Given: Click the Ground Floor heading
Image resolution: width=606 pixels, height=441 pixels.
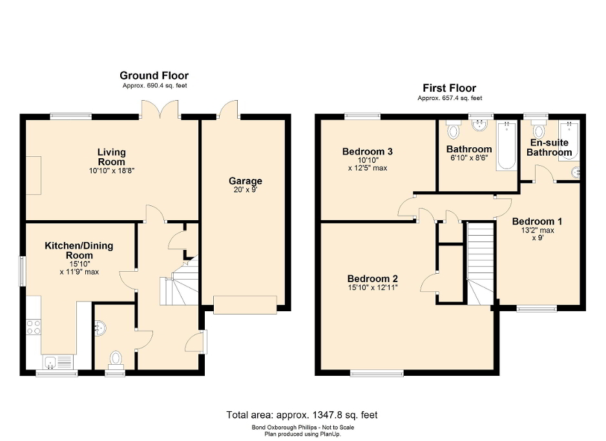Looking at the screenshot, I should click(154, 76).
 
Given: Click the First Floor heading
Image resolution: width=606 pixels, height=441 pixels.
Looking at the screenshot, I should click(449, 88).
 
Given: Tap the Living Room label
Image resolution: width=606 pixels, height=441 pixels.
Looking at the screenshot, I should click(112, 157).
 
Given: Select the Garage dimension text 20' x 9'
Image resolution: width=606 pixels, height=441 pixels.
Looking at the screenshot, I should click(245, 190).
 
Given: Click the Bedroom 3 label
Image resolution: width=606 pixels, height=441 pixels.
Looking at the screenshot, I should click(367, 152).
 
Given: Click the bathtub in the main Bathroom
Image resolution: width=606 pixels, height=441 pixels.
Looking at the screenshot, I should click(506, 145).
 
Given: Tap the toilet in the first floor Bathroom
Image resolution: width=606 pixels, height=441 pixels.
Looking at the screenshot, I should click(453, 131).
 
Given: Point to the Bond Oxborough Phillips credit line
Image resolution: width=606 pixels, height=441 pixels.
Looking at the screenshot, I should click(302, 427).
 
